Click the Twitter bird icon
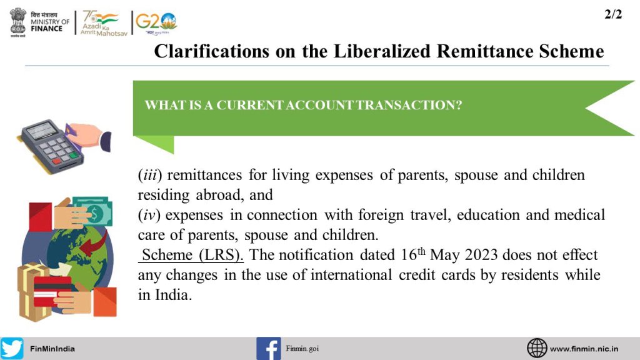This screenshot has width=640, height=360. pyautogui.click(x=12, y=348)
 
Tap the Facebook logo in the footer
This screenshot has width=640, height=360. pyautogui.click(x=269, y=349)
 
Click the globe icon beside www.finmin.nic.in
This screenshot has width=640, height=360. pyautogui.click(x=537, y=348)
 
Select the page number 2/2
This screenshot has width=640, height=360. pyautogui.click(x=613, y=15)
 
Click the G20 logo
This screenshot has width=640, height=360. pyautogui.click(x=156, y=23)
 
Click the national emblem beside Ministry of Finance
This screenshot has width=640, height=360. pyautogui.click(x=18, y=22)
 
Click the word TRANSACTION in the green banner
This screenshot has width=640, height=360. pyautogui.click(x=409, y=105)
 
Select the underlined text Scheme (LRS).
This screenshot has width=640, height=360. pyautogui.click(x=191, y=255)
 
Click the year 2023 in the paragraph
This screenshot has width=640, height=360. pyautogui.click(x=481, y=255)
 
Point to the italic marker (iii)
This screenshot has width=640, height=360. pyautogui.click(x=150, y=175)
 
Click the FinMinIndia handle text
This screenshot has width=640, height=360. pyautogui.click(x=52, y=349)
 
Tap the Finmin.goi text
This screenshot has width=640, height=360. pyautogui.click(x=302, y=349)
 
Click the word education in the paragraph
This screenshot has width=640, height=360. pyautogui.click(x=488, y=215)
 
